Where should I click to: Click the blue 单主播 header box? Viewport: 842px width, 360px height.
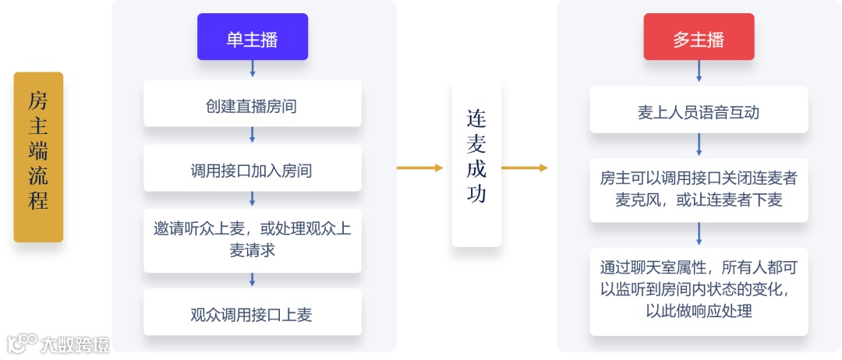pyautogui.click(x=252, y=37)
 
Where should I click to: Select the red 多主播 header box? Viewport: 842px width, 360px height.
pyautogui.click(x=699, y=37)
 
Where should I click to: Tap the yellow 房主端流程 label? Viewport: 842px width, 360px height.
pyautogui.click(x=38, y=157)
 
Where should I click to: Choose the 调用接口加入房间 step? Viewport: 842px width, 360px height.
pyautogui.click(x=252, y=169)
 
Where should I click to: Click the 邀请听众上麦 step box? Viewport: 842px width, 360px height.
pyautogui.click(x=252, y=239)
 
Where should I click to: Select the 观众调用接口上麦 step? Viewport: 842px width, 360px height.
pyautogui.click(x=252, y=314)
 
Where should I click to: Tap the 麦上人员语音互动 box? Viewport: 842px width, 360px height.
pyautogui.click(x=699, y=111)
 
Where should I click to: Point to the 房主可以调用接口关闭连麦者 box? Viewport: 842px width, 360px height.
pyautogui.click(x=699, y=189)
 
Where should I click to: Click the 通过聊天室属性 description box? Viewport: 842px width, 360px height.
pyautogui.click(x=699, y=289)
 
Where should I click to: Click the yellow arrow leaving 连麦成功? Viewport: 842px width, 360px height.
pyautogui.click(x=525, y=168)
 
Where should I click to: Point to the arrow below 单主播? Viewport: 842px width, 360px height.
pyautogui.click(x=252, y=69)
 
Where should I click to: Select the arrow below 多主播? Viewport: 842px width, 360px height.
pyautogui.click(x=699, y=71)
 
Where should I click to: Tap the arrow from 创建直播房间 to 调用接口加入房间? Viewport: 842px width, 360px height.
pyautogui.click(x=252, y=135)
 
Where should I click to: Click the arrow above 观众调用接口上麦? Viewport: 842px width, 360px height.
pyautogui.click(x=252, y=281)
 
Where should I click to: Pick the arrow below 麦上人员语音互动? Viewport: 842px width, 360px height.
pyautogui.click(x=699, y=145)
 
